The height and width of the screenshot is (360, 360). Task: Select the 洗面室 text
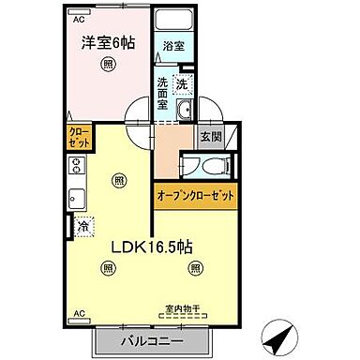tap(163, 92)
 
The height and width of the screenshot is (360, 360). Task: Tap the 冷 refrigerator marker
tap(82, 226)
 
